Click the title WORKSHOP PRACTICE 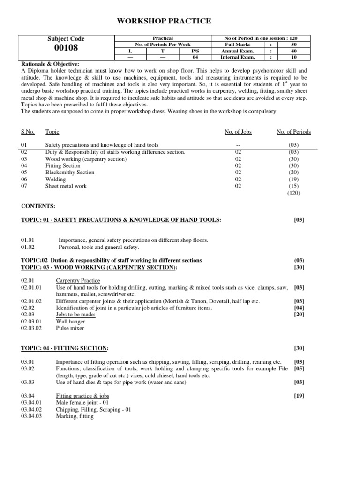(160, 21)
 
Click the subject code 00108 (66, 48)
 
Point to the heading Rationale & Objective (50, 64)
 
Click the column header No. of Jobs (238, 132)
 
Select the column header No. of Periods (293, 132)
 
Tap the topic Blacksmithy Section (69, 172)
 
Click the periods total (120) (293, 193)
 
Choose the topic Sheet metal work (66, 186)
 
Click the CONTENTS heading (38, 206)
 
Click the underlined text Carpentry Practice (78, 281)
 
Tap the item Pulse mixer (70, 328)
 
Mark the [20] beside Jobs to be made (299, 315)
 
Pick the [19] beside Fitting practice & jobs (299, 396)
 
